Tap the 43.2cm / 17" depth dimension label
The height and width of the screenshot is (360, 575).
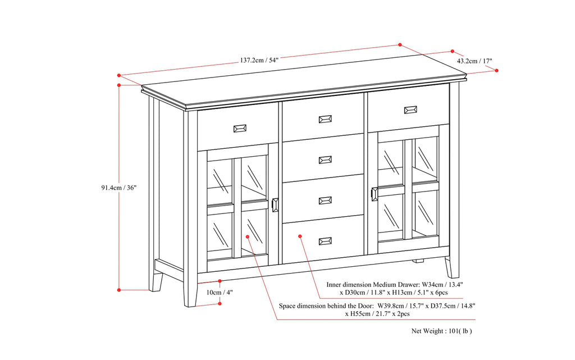(474, 61)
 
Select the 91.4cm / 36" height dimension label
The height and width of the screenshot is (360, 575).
(115, 188)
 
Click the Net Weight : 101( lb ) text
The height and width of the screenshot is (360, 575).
(442, 331)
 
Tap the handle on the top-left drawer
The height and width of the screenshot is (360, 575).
(240, 129)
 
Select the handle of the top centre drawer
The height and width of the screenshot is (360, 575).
(325, 119)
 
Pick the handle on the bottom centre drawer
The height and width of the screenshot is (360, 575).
(325, 241)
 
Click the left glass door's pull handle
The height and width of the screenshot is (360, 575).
(275, 205)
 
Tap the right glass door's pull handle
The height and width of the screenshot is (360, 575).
(375, 193)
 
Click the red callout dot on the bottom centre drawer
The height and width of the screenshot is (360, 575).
(300, 236)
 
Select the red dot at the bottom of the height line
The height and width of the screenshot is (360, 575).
(119, 290)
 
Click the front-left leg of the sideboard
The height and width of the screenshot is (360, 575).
(189, 292)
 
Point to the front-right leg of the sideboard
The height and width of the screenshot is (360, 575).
(452, 267)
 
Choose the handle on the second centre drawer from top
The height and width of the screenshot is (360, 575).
(325, 160)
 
